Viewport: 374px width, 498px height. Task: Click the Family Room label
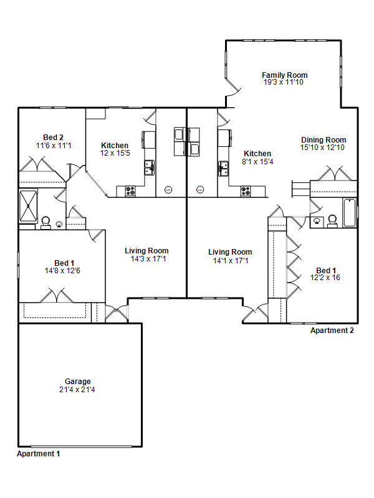click(285, 75)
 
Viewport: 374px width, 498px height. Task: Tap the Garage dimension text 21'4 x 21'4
click(77, 390)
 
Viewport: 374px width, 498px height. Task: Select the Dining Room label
click(324, 140)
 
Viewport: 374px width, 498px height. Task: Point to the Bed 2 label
click(53, 138)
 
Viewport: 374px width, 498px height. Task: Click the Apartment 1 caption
click(38, 454)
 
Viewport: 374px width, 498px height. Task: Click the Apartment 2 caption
click(332, 331)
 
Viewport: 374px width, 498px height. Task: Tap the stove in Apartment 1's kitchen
click(130, 191)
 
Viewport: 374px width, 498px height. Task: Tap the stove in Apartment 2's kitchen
click(246, 191)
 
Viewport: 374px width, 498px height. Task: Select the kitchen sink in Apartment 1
click(149, 167)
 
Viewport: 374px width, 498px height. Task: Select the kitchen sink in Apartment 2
click(223, 168)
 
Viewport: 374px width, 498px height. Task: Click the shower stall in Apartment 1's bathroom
click(28, 205)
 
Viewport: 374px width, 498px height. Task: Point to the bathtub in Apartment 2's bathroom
click(350, 212)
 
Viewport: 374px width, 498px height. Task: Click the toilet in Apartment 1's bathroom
click(46, 222)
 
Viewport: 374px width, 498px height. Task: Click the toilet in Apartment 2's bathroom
click(332, 221)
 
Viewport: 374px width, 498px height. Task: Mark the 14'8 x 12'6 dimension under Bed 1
click(62, 271)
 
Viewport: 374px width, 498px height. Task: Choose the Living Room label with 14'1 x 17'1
click(230, 252)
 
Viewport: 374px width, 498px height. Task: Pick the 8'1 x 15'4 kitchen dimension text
click(257, 162)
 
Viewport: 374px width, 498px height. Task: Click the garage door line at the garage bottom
click(81, 446)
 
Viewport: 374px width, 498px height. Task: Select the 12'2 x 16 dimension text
click(325, 278)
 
